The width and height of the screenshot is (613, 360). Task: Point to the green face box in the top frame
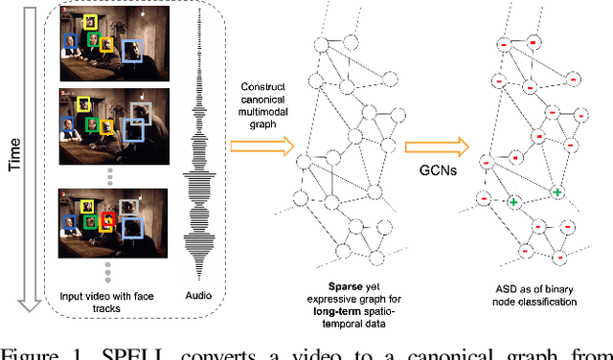click(x=93, y=39)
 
